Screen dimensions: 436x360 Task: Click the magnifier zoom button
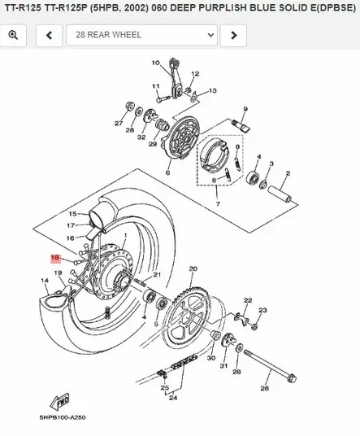point(15,35)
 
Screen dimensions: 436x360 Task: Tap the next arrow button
point(233,35)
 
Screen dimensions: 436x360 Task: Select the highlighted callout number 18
point(55,257)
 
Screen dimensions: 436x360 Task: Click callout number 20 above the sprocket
point(193,268)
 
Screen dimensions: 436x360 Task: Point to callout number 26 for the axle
point(264,389)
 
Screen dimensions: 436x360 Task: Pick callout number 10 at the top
point(155,63)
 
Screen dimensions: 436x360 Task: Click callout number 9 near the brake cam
point(244,109)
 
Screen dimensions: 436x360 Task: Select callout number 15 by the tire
point(72,213)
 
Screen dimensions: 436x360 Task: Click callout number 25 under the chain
point(165,389)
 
